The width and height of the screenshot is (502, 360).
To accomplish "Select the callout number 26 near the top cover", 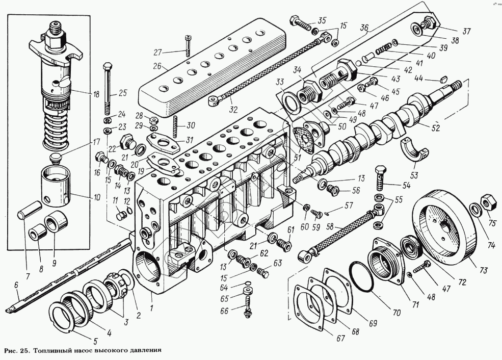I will (158, 66).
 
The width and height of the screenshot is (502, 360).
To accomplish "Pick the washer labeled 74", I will (474, 209).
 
